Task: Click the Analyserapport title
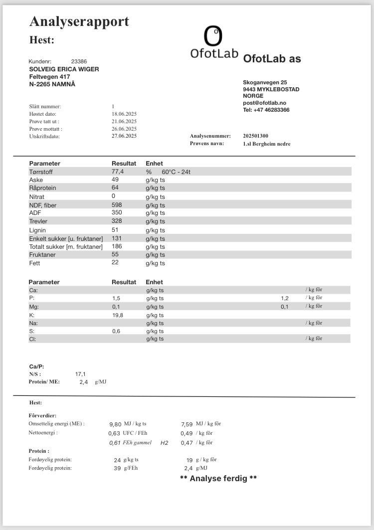pos(79,21)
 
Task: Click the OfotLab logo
pos(214,43)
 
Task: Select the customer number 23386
pos(79,61)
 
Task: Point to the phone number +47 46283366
pos(266,110)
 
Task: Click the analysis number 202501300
pos(256,136)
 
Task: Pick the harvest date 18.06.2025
pos(124,114)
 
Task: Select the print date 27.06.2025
pos(124,136)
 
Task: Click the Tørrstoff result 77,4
pos(118,172)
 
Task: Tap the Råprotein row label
pos(43,188)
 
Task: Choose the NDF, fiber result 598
pos(117,205)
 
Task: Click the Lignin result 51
pos(115,230)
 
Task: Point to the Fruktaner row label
pos(42,255)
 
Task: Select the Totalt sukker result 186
pos(117,246)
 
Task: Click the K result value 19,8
pos(117,315)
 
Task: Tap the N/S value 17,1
pos(80,373)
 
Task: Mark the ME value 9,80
pos(115,424)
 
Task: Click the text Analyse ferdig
pos(218,479)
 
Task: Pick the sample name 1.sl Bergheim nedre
pos(267,144)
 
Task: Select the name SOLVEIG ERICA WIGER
pos(64,69)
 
